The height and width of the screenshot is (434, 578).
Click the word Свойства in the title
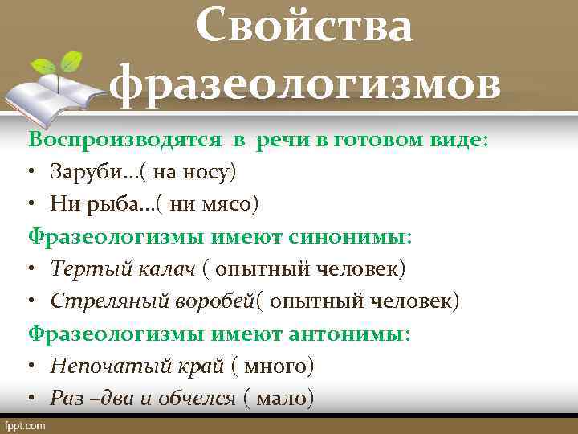305,27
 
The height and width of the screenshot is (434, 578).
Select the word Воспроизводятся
124,139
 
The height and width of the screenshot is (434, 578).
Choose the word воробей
209,301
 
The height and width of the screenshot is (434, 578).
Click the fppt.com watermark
26,425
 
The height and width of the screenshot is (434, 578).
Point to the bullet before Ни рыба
33,205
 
